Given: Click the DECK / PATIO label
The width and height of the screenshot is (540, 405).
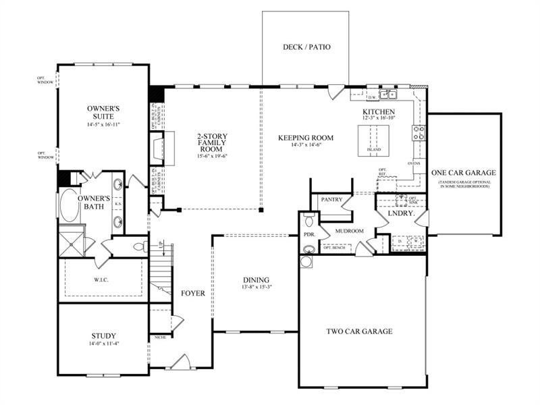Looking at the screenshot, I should [x=306, y=47].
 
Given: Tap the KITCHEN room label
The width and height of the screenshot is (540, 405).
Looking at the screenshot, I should [x=379, y=111].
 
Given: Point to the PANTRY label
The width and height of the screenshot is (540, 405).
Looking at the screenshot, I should [x=331, y=200].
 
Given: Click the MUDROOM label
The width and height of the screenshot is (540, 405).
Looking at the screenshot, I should [x=348, y=231].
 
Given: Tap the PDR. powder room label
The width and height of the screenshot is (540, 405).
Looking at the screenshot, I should [x=309, y=234].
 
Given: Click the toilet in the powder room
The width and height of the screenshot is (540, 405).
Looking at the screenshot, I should [x=308, y=219].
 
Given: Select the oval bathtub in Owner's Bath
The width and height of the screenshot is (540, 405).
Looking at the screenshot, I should [x=69, y=205].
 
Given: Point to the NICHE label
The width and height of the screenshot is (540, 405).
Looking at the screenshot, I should [x=160, y=337].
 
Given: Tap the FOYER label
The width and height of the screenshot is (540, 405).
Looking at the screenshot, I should [x=192, y=294].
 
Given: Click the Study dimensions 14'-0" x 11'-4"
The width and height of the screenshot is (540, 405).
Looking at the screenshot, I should [x=103, y=344].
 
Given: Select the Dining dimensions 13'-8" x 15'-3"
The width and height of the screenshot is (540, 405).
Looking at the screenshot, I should [x=256, y=288].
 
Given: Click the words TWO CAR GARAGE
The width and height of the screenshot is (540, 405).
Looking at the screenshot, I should [x=359, y=331].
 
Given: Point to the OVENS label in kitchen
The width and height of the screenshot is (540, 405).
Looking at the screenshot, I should [x=414, y=163].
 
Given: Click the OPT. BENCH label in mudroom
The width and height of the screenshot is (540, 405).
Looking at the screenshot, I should [x=335, y=248].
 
